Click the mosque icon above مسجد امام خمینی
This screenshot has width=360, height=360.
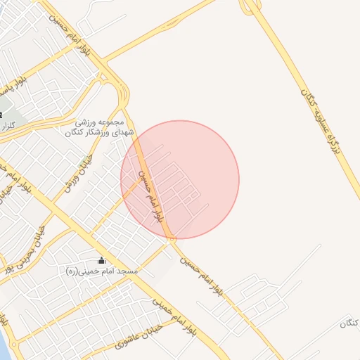[101, 261]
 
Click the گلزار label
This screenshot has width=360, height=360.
[9, 125]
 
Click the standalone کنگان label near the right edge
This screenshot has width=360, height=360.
[349, 323]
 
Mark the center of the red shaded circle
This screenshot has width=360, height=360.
[180, 180]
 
